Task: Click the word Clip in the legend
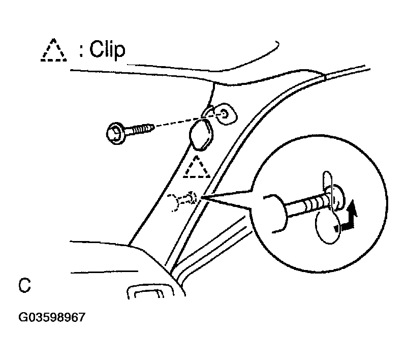[107, 50]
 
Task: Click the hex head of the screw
[114, 134]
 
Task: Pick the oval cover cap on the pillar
[201, 135]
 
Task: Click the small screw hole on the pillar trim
[224, 113]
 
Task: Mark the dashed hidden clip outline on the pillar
[182, 201]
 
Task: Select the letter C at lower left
[25, 285]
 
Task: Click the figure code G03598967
[52, 317]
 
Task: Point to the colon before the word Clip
[81, 52]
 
